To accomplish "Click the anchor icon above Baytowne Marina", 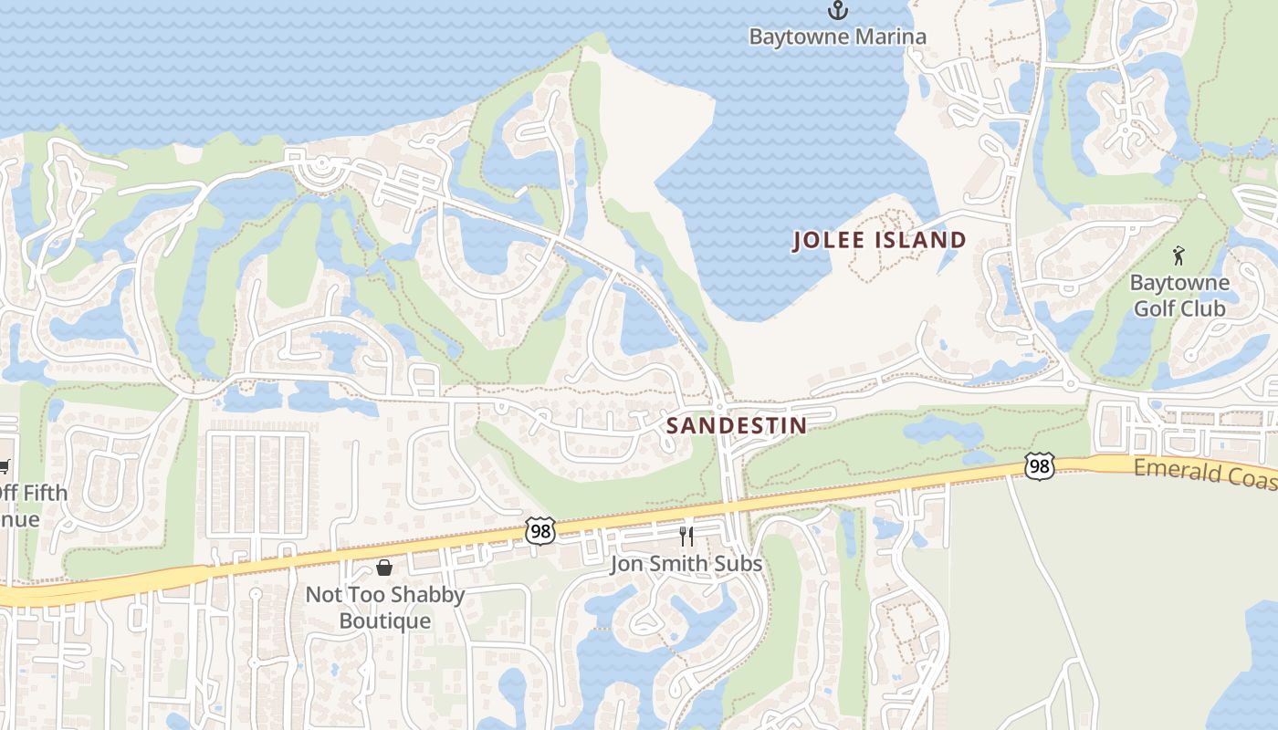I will point(837,10).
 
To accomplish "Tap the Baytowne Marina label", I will point(837,37).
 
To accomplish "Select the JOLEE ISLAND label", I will point(879,240).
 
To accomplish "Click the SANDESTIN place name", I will point(737,425).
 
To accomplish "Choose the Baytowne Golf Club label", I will point(1179,295).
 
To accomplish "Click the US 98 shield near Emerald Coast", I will point(1039,466).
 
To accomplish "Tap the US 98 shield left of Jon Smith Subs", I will point(540,530).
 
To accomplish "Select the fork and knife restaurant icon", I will point(686,536).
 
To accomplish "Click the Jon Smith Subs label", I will point(686,564).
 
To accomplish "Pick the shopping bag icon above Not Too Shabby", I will point(384,568).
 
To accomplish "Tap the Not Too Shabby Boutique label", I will point(384,608).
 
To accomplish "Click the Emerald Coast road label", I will point(1205,474).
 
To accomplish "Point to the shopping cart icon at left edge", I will point(4,466).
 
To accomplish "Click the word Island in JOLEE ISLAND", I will point(913,240).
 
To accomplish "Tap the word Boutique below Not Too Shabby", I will point(384,621).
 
